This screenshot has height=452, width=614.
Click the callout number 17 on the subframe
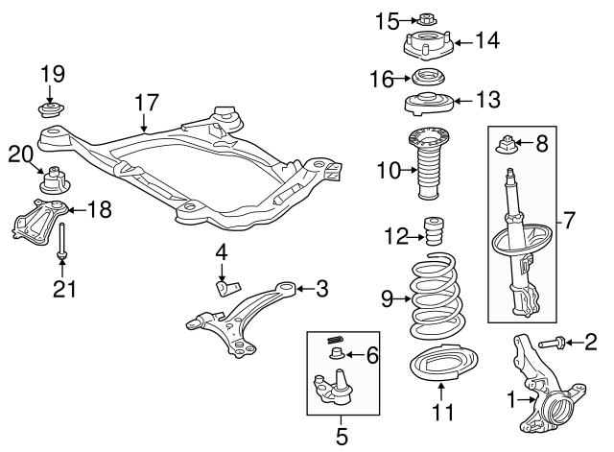coord(145,102)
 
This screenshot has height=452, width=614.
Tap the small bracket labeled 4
coord(226,286)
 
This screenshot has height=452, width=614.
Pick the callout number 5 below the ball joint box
coord(342,438)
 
